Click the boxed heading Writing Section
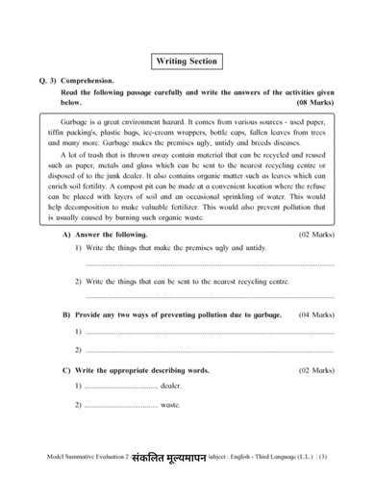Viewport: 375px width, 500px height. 187,62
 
